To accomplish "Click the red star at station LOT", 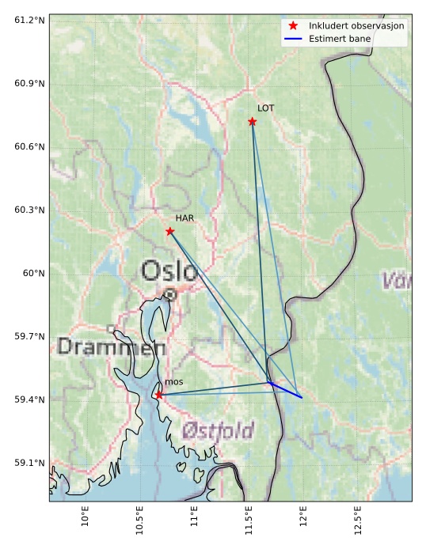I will point(253,121).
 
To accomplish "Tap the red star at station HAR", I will point(169,231).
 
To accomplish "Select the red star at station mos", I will point(159,394).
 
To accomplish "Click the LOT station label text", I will point(266,108).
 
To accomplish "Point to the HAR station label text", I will point(184,218).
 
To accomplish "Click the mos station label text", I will point(173,382).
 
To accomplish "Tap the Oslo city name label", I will point(169,271).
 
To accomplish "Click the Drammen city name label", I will point(111,346).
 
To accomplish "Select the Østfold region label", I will point(219,431).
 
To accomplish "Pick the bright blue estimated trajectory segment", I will point(286,390).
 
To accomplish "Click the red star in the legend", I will point(293,25).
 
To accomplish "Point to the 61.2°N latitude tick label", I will point(29,20).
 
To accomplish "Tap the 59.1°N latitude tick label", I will point(29,463).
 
